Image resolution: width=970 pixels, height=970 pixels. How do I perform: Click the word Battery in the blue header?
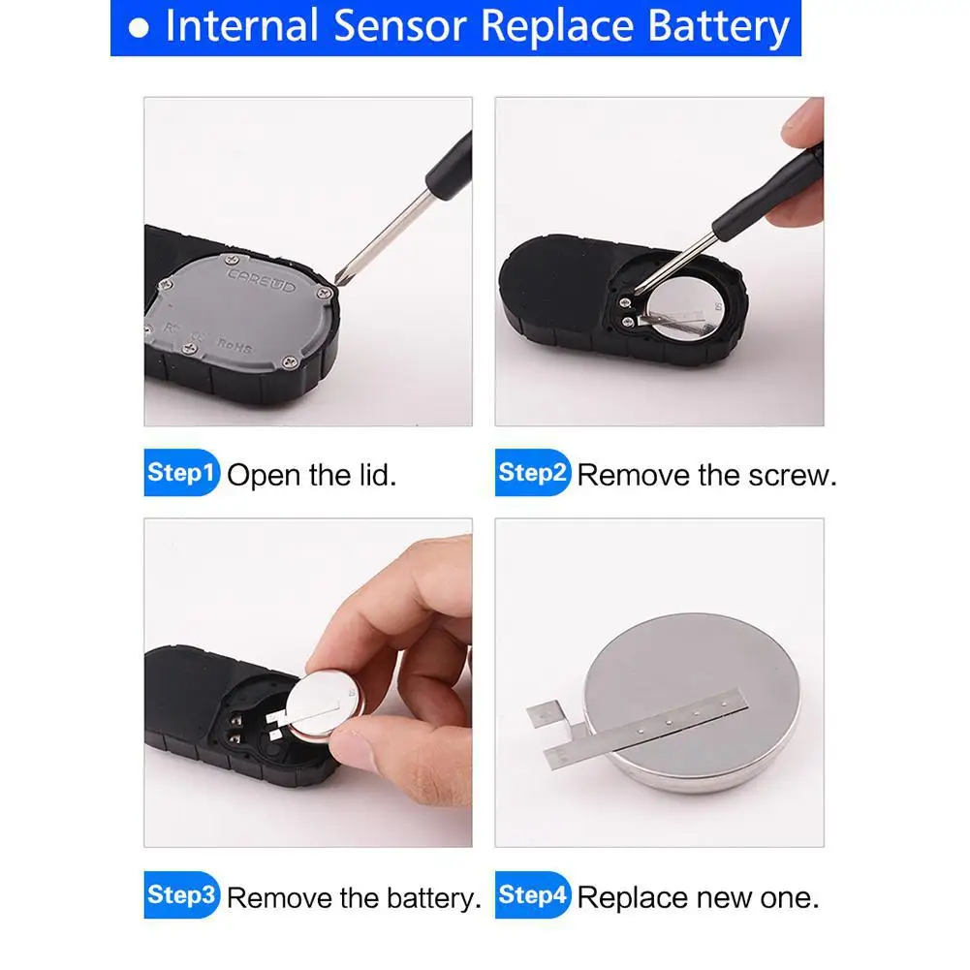(x=719, y=28)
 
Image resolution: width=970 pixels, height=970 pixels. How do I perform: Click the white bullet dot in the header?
(x=139, y=28)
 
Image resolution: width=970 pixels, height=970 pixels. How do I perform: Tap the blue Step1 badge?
(x=181, y=472)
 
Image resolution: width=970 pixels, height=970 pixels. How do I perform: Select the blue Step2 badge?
(x=533, y=472)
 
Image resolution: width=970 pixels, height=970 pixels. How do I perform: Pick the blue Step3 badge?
(x=181, y=894)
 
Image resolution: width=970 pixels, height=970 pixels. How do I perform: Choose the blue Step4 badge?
(x=533, y=894)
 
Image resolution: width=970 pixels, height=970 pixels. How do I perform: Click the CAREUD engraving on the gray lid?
(x=262, y=280)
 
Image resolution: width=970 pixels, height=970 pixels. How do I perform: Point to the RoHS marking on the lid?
(x=235, y=345)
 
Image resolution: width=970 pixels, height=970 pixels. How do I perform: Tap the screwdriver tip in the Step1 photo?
(x=337, y=280)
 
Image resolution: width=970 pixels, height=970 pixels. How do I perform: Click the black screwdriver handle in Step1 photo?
(x=450, y=161)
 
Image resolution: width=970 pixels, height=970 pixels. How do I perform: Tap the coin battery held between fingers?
(x=323, y=704)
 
